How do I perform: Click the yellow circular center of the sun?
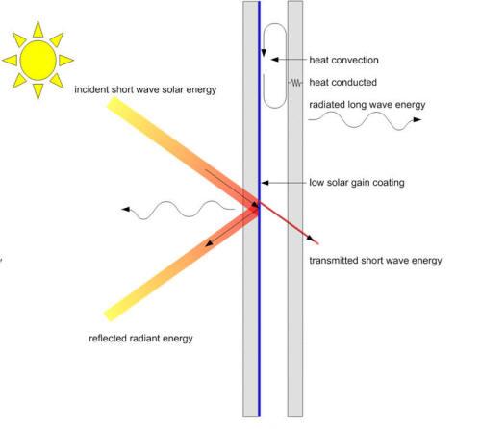pyautogui.click(x=38, y=61)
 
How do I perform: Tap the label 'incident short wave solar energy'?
pyautogui.click(x=145, y=89)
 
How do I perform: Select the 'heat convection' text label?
pyautogui.click(x=343, y=60)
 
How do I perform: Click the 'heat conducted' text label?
pyautogui.click(x=342, y=83)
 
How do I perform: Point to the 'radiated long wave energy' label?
pyautogui.click(x=367, y=105)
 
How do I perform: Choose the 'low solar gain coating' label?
pyautogui.click(x=357, y=183)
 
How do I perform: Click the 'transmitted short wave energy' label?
pyautogui.click(x=375, y=261)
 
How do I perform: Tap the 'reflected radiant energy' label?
pyautogui.click(x=140, y=339)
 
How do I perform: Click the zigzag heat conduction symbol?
pyautogui.click(x=295, y=83)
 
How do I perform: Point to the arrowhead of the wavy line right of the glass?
pyautogui.click(x=418, y=119)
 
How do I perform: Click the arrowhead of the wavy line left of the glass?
pyautogui.click(x=126, y=209)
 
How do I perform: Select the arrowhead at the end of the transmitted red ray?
pyautogui.click(x=311, y=238)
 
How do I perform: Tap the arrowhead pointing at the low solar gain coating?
pyautogui.click(x=265, y=183)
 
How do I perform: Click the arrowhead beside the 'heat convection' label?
pyautogui.click(x=274, y=60)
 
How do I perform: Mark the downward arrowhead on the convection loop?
pyautogui.click(x=264, y=53)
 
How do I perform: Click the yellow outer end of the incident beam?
pyautogui.click(x=113, y=104)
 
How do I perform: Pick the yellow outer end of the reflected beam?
pyautogui.click(x=110, y=315)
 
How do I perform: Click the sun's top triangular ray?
pyautogui.click(x=38, y=29)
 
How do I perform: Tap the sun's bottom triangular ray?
pyautogui.click(x=38, y=91)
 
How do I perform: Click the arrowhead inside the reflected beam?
pyautogui.click(x=209, y=243)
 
